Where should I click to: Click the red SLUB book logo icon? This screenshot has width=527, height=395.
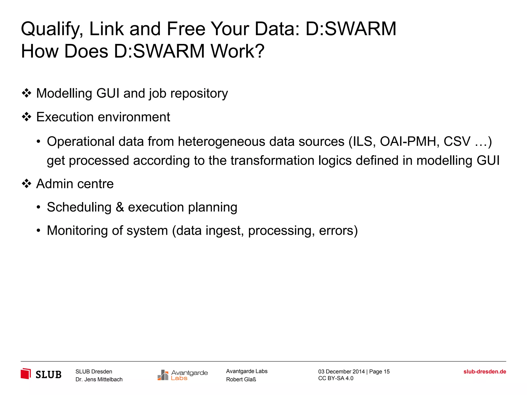(x=26, y=374)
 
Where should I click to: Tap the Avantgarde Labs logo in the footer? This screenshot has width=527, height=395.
(x=182, y=375)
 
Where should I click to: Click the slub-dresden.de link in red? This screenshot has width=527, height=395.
(x=485, y=372)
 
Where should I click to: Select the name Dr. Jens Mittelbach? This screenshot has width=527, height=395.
(x=99, y=379)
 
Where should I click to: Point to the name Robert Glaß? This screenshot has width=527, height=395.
(x=241, y=379)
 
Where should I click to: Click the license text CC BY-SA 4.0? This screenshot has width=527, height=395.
(x=336, y=378)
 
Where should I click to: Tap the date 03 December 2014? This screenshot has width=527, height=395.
(x=341, y=372)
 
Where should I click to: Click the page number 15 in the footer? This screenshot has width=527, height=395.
(x=387, y=372)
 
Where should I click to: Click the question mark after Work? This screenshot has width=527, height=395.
(x=260, y=51)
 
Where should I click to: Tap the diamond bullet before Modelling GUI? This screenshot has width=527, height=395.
(x=27, y=93)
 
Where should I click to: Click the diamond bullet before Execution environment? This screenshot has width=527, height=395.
(x=27, y=117)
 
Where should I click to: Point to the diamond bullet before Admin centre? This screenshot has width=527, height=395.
(x=27, y=184)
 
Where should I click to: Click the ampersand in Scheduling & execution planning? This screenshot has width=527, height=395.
(x=120, y=207)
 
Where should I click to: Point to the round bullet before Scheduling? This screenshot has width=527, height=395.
(x=38, y=207)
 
